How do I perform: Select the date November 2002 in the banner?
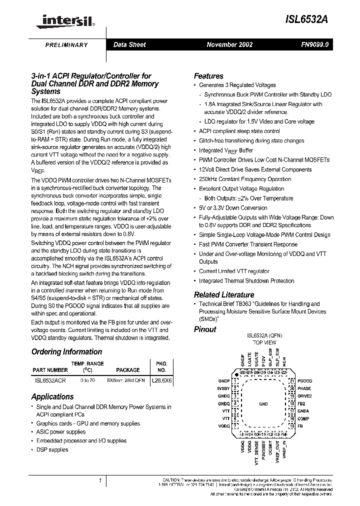pos(229,44)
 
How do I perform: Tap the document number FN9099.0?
pos(314,44)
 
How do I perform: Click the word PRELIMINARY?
pos(66,45)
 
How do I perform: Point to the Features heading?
pos(208,76)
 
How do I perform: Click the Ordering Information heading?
pos(66,351)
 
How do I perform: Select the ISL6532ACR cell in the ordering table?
pos(49,380)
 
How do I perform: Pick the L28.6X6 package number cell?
pos(162,380)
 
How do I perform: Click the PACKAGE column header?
pos(128,370)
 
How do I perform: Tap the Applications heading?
pos(52,396)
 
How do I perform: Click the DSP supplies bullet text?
pos(52,449)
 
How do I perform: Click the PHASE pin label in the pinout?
pos(304,388)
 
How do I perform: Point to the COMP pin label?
pos(303,418)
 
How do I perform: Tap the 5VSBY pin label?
pos(223,388)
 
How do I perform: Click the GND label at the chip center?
pos(263,403)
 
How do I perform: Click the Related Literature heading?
pos(224,294)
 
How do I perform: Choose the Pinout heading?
pos(205,329)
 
